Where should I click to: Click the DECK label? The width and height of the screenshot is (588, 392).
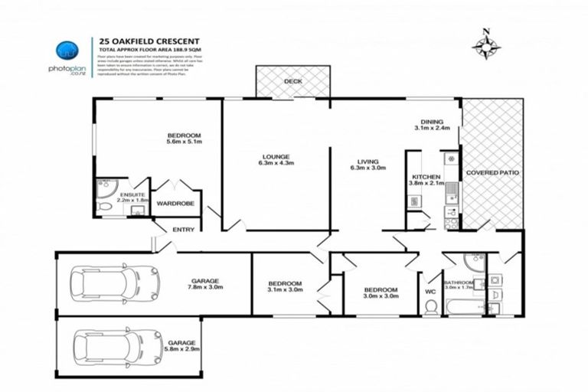click(x=292, y=81)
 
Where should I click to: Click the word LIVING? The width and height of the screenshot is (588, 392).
click(x=371, y=160)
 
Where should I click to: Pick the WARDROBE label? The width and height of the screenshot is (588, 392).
click(x=175, y=204)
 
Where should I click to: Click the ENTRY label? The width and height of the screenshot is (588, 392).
click(x=184, y=230)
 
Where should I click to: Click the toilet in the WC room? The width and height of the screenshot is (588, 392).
click(x=431, y=306)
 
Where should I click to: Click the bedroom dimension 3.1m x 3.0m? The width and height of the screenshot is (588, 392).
click(x=285, y=290)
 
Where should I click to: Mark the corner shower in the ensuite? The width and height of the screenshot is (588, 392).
click(x=105, y=187)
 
